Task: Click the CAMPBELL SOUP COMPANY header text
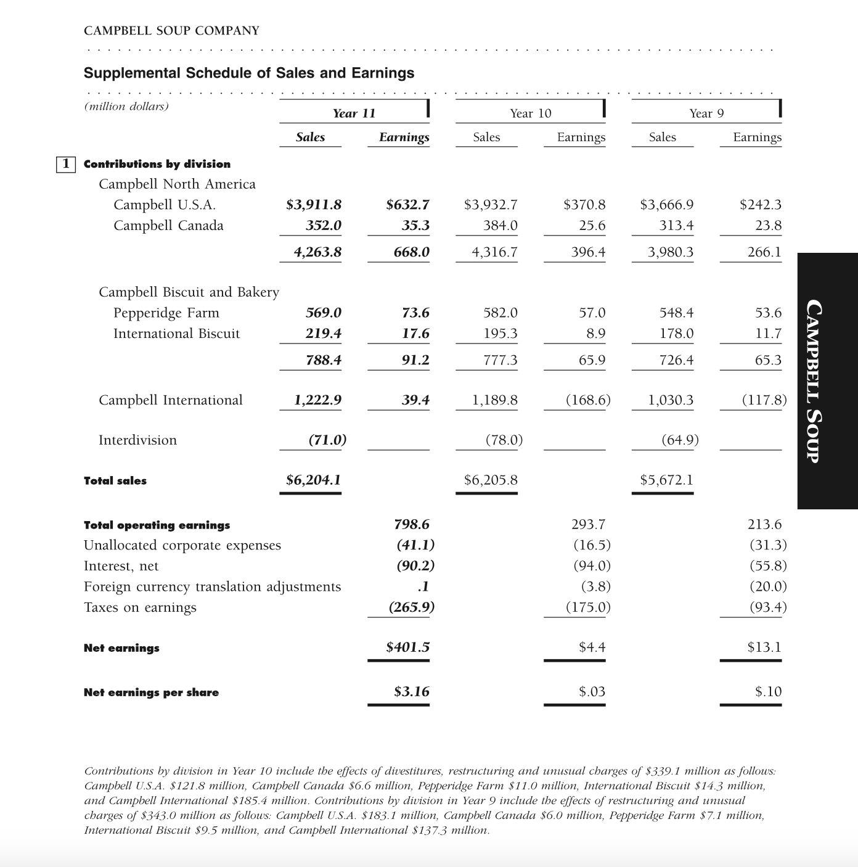(171, 31)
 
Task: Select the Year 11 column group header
(354, 113)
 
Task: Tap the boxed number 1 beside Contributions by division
(65, 164)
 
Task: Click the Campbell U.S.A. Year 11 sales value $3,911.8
(314, 205)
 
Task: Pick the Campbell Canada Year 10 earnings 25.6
(592, 226)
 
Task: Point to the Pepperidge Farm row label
(166, 313)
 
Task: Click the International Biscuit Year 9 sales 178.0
(676, 334)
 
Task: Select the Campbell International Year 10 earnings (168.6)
(588, 400)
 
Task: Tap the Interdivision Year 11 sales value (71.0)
(327, 440)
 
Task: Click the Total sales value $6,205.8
(491, 480)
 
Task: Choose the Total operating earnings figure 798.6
(412, 525)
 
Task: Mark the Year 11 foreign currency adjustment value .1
(423, 586)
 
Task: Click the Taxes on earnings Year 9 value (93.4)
(768, 607)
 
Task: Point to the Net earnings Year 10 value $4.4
(592, 647)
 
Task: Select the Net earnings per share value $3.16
(412, 692)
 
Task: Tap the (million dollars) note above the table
(126, 106)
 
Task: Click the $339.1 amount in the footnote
(665, 771)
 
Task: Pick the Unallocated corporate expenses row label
(182, 546)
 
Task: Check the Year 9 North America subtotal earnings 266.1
(764, 252)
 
